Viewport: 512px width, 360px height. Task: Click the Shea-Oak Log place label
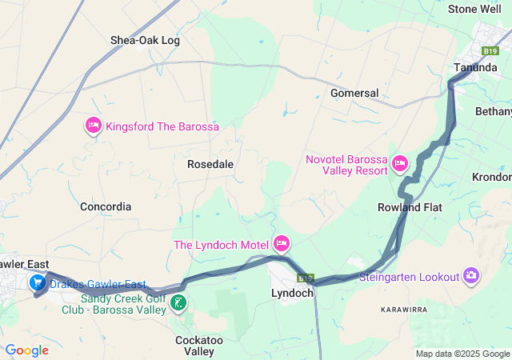(145, 40)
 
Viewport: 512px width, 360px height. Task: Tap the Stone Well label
(474, 9)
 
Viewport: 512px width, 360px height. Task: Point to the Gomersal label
(354, 93)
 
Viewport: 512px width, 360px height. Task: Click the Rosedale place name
(210, 164)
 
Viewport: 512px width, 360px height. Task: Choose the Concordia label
(106, 206)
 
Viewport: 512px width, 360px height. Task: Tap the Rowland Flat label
(410, 207)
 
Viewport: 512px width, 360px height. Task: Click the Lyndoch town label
(292, 293)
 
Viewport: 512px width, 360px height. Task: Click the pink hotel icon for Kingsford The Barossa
(93, 126)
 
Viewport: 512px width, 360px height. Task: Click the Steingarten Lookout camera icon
(471, 277)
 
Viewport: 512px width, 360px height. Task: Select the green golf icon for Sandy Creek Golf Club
(180, 302)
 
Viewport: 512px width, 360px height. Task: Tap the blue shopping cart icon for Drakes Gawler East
(38, 283)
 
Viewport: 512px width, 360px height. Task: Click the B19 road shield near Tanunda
(491, 50)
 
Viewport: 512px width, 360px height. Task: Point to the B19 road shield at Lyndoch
(305, 278)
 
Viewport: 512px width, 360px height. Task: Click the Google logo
(26, 350)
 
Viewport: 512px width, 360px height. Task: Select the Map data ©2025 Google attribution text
(462, 354)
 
